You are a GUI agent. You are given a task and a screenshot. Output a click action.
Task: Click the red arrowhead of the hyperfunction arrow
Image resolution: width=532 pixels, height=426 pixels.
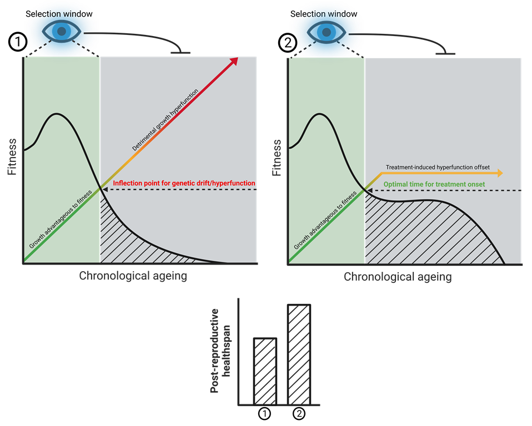(234, 62)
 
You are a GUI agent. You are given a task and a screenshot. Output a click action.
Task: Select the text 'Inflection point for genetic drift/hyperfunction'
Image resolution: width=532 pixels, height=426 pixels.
(184, 183)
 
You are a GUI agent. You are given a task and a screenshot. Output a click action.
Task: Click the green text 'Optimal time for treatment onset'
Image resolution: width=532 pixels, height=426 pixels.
(435, 184)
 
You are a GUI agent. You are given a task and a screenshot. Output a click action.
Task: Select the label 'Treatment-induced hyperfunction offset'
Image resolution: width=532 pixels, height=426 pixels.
(438, 166)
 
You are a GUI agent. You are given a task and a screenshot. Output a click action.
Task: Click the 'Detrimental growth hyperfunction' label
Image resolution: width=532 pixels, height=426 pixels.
(165, 119)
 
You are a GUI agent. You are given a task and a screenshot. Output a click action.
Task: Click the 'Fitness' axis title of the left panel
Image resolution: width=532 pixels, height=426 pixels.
(12, 157)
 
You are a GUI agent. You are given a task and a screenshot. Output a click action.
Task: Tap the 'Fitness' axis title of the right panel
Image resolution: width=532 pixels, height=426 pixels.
(277, 157)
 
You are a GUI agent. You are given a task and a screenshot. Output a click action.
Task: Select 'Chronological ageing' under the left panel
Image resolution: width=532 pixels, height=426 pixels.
(133, 276)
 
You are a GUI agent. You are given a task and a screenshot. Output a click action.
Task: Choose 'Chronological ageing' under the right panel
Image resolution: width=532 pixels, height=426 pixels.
(398, 276)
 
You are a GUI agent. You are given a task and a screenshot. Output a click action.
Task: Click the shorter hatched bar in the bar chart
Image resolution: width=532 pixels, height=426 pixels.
(264, 371)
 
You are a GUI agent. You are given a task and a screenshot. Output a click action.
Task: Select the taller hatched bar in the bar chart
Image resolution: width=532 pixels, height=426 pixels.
(299, 354)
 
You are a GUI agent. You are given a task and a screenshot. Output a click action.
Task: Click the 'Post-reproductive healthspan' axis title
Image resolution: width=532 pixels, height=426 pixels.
(220, 350)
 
